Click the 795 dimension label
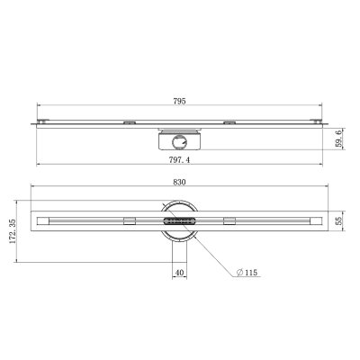coord(179,101)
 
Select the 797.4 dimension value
coord(179,160)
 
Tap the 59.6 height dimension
coord(338,139)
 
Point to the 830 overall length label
coord(179,182)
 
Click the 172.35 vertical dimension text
coord(13,231)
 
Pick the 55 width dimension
coord(338,221)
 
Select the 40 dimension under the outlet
coord(179,273)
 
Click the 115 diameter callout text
coord(251,273)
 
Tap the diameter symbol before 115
coord(239,273)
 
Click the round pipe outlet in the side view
coord(179,141)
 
